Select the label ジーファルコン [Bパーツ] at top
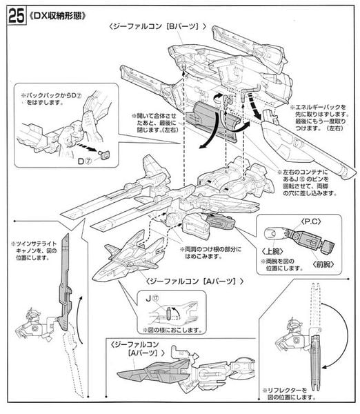click(157, 26)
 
